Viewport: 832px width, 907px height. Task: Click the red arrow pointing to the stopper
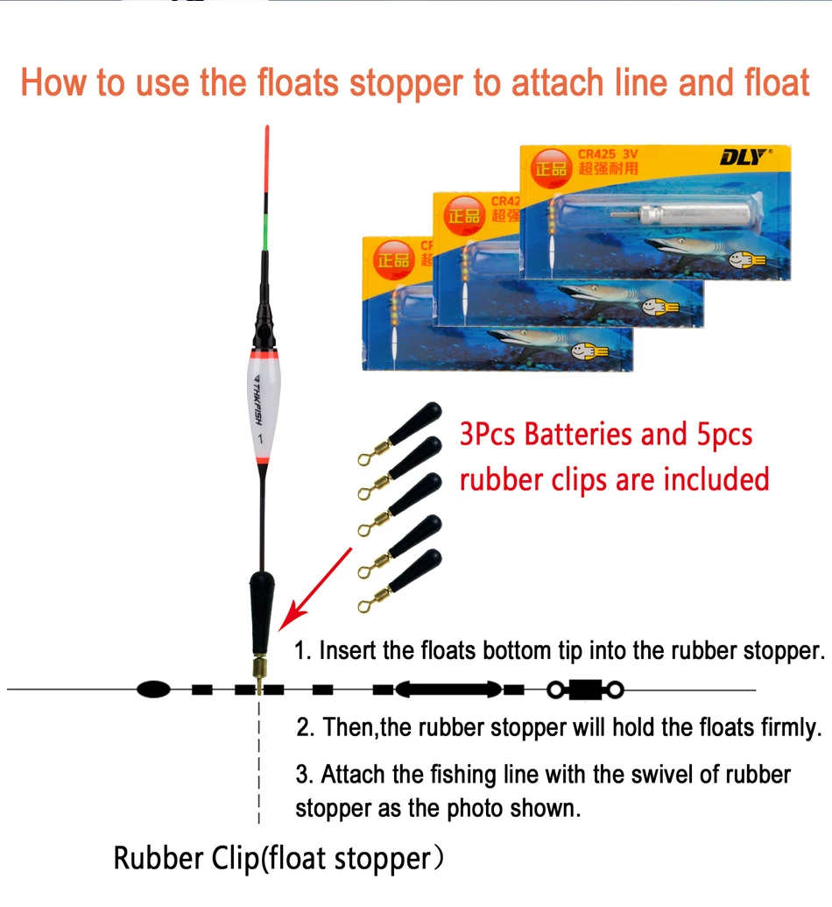(x=320, y=584)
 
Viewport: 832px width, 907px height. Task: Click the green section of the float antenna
(x=266, y=230)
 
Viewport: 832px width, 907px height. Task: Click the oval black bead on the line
(x=154, y=690)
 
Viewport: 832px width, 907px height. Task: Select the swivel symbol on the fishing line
(x=585, y=690)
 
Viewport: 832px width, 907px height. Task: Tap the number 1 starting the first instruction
(x=300, y=651)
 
